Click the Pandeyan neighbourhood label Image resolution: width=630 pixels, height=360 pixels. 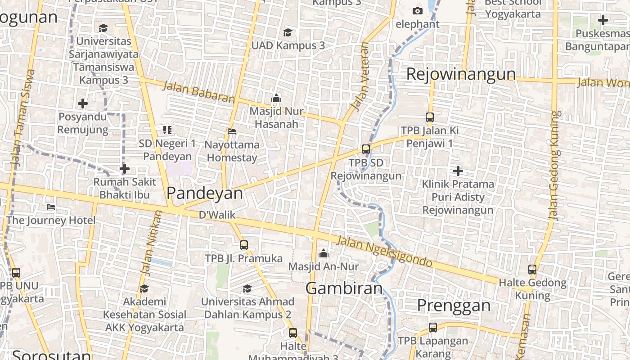point(204,193)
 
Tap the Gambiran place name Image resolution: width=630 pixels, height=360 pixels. point(344,288)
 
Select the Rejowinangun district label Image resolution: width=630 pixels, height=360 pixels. point(461,74)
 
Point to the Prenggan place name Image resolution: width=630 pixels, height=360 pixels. point(454,305)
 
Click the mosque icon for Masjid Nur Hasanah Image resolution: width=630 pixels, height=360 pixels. point(276,98)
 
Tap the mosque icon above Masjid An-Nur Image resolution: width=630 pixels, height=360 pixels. point(323,254)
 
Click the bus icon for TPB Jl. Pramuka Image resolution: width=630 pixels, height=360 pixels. point(244,245)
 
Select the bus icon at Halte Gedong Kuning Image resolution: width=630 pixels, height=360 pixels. point(532,270)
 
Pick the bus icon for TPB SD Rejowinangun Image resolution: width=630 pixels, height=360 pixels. point(366,149)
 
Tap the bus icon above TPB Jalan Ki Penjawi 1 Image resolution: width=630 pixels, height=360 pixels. point(430,117)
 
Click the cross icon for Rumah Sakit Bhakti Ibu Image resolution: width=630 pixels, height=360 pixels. point(125,169)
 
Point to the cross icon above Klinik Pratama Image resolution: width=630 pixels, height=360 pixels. point(458,171)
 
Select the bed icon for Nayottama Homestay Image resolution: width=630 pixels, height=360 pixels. point(232,131)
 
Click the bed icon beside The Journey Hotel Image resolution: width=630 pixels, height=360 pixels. point(51,207)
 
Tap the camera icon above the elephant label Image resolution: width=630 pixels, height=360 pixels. point(418,11)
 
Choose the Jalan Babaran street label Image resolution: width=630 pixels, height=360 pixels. point(198,92)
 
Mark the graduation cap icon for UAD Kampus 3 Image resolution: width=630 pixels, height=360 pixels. point(288,32)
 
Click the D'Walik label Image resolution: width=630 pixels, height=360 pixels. point(217,215)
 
